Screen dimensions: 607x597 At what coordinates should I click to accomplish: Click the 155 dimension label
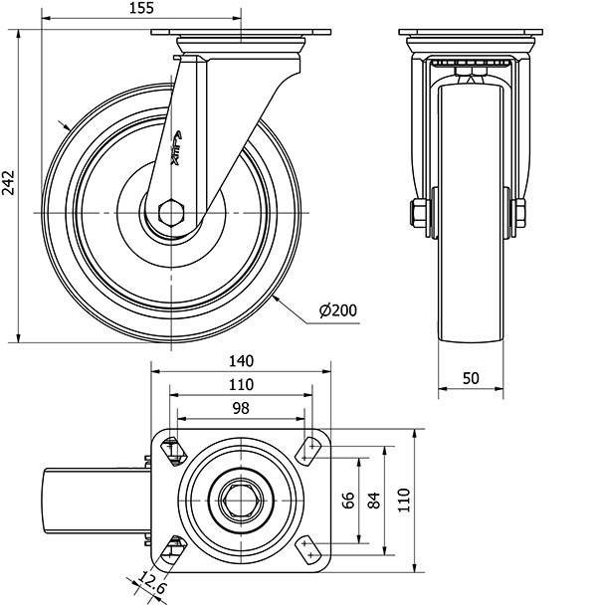click(140, 9)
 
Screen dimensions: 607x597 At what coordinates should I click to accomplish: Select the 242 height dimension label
click(9, 185)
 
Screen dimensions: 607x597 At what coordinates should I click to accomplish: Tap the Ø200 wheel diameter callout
click(338, 311)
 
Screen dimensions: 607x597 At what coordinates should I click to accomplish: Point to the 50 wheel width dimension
click(471, 378)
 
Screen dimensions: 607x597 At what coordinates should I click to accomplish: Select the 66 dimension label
click(348, 501)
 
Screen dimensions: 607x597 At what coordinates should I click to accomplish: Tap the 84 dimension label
click(374, 501)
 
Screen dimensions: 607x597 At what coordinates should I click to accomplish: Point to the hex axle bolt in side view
click(171, 214)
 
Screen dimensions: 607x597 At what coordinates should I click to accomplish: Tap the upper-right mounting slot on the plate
click(309, 452)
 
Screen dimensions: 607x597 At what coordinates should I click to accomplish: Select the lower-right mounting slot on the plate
click(309, 546)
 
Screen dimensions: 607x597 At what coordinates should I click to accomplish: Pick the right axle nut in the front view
click(519, 212)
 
